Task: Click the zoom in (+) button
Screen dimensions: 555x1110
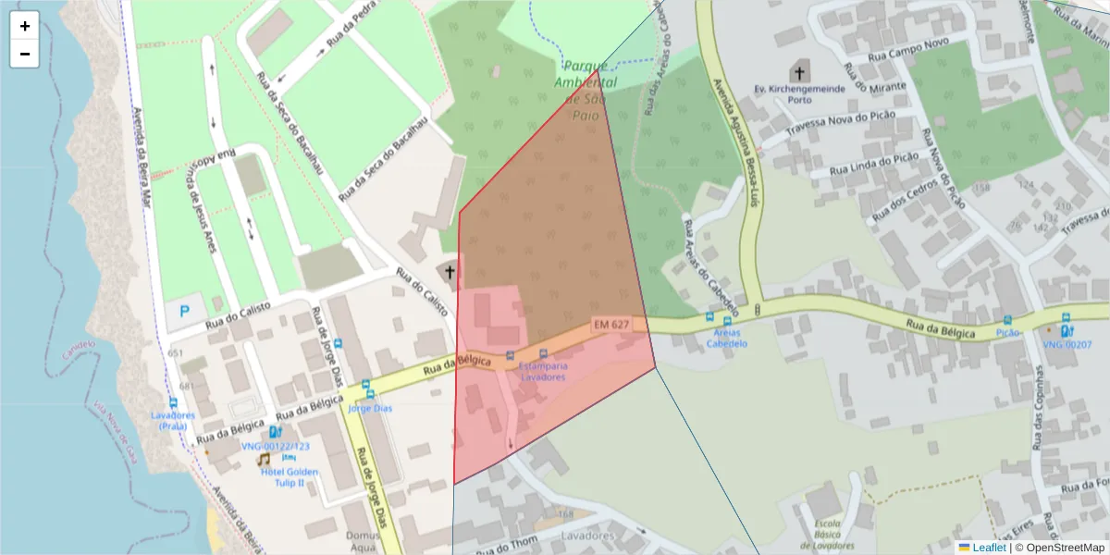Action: [x=25, y=26]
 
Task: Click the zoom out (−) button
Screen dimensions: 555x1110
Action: [x=25, y=54]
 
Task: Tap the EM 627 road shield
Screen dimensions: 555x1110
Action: [x=611, y=325]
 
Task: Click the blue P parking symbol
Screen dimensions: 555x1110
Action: [x=184, y=312]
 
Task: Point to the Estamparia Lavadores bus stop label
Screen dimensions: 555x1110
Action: [x=542, y=371]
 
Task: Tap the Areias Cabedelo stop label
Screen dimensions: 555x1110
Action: [x=726, y=338]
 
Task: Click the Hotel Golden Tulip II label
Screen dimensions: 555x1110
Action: [x=290, y=477]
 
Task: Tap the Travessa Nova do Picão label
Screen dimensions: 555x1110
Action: [x=837, y=124]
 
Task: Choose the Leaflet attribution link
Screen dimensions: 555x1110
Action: [x=988, y=548]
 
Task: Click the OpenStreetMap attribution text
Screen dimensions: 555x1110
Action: [x=1064, y=548]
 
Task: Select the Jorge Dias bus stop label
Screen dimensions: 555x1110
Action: [x=370, y=408]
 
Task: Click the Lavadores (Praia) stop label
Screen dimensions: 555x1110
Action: [x=173, y=421]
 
